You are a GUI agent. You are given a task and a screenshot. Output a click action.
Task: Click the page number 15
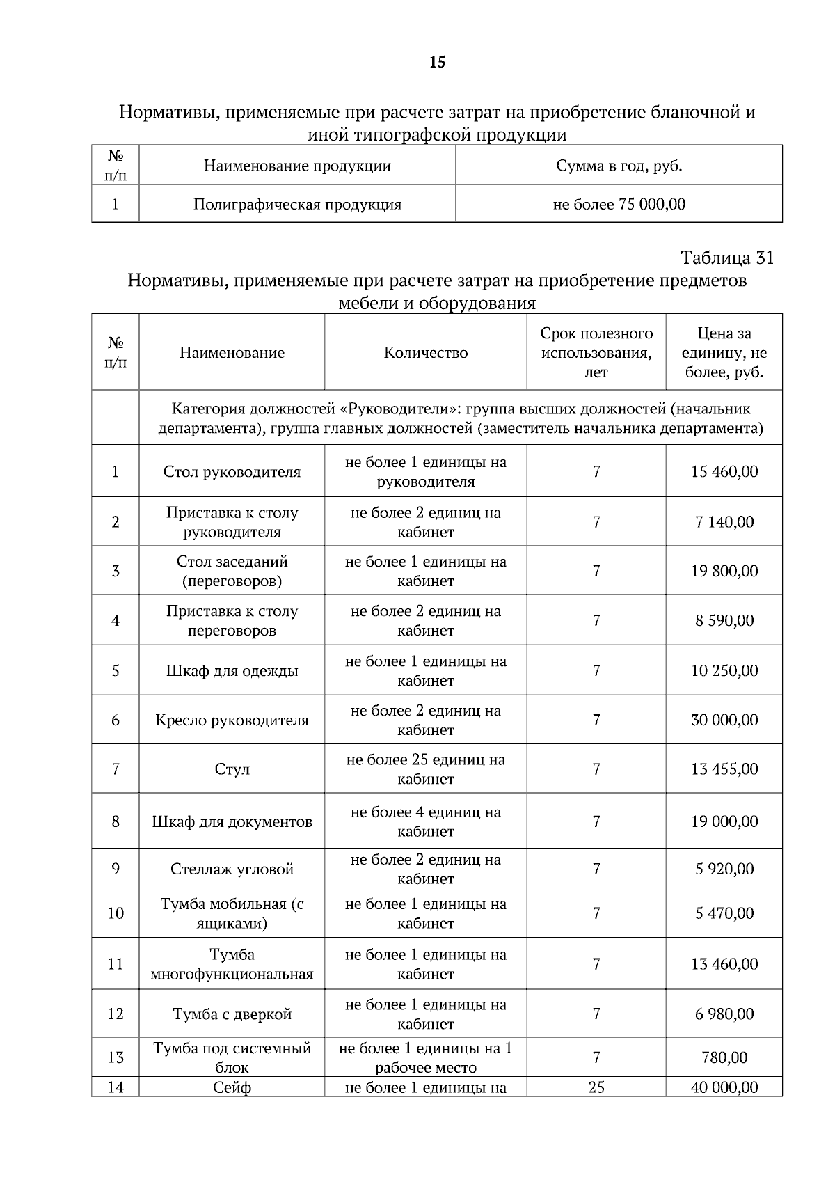click(x=437, y=63)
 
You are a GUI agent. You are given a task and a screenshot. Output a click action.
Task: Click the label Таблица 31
click(x=726, y=258)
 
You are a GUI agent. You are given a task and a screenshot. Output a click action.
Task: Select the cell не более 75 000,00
click(x=619, y=204)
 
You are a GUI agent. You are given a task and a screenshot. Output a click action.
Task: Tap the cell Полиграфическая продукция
click(x=297, y=204)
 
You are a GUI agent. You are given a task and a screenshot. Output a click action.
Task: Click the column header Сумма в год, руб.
click(x=619, y=166)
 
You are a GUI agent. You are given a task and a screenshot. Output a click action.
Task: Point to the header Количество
click(x=425, y=352)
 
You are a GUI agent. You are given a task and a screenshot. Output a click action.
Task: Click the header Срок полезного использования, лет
click(x=596, y=352)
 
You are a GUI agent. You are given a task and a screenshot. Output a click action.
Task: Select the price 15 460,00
click(x=724, y=471)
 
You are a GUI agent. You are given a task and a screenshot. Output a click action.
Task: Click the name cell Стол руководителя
click(x=232, y=472)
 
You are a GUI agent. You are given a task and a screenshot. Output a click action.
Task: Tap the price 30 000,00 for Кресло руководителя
click(x=724, y=720)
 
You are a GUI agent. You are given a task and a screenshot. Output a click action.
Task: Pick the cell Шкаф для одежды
click(x=232, y=671)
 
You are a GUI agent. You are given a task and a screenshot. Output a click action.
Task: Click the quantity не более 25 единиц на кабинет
click(x=425, y=769)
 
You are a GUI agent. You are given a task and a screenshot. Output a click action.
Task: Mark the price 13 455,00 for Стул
click(x=724, y=769)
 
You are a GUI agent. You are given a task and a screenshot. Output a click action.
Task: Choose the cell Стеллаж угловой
click(x=232, y=869)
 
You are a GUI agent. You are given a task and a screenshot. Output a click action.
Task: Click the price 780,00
click(x=724, y=1057)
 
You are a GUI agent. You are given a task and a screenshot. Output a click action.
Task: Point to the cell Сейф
click(x=232, y=1087)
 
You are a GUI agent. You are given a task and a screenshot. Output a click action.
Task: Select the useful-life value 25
click(x=596, y=1087)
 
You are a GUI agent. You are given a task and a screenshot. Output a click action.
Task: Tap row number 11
click(x=116, y=964)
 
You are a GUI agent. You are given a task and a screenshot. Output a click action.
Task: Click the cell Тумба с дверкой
click(x=232, y=1014)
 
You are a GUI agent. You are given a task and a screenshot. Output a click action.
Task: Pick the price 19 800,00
click(x=724, y=571)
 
